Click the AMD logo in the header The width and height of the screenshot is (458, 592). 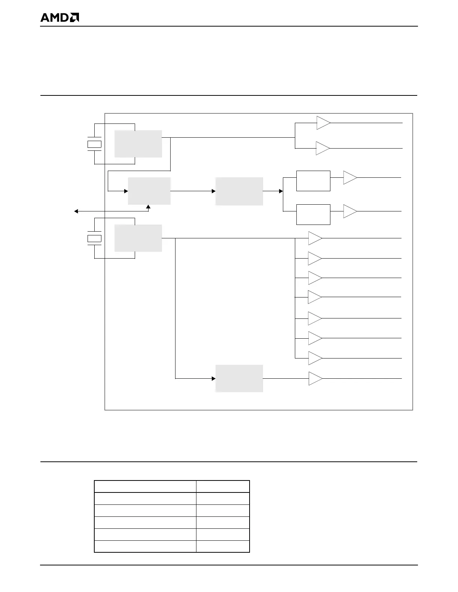(x=59, y=18)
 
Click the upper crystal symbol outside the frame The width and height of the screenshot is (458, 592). (x=94, y=144)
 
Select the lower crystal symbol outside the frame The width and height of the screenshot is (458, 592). (x=94, y=238)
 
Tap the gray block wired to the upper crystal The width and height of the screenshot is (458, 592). (x=138, y=144)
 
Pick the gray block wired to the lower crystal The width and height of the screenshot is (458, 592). (x=138, y=238)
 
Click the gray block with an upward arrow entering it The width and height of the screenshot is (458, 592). (x=149, y=191)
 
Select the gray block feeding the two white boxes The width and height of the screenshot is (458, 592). (x=239, y=191)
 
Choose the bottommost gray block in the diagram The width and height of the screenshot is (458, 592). (x=239, y=378)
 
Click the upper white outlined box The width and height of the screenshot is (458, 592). (x=313, y=181)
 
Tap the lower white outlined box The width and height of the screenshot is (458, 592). (x=313, y=214)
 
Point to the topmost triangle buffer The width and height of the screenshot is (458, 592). (x=323, y=123)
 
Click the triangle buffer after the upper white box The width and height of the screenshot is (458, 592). (x=349, y=178)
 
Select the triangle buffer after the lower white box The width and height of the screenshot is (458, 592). (x=349, y=211)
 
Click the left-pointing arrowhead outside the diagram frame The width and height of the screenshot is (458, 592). (x=76, y=211)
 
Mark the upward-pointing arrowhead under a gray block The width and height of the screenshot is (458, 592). (x=148, y=207)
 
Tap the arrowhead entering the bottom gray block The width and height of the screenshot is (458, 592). (x=214, y=378)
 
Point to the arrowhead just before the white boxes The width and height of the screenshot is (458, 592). (x=281, y=191)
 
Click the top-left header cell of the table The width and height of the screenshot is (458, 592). (x=145, y=486)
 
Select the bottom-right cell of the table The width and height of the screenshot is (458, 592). (x=223, y=546)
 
